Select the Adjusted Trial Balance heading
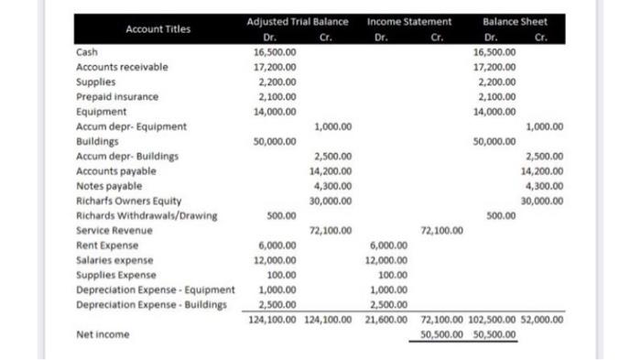point(299,20)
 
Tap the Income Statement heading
point(408,20)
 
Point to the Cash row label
point(87,52)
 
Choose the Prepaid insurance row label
point(116,96)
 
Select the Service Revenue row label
point(114,231)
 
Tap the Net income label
point(102,335)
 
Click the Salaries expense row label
point(114,260)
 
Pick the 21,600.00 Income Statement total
point(388,320)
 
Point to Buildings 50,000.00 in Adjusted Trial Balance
point(274,141)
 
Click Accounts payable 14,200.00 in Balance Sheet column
point(542,171)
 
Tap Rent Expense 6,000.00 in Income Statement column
point(388,245)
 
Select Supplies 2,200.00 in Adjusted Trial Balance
point(276,82)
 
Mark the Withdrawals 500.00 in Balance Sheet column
point(500,216)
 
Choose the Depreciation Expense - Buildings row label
point(150,305)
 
